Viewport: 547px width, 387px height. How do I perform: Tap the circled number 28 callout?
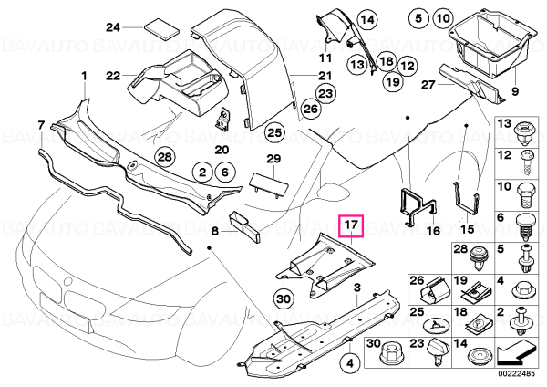click(165, 157)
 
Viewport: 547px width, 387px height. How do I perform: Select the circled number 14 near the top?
click(367, 19)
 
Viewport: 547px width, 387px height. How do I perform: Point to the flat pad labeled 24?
click(161, 28)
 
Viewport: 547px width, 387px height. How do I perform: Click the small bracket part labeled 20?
click(222, 120)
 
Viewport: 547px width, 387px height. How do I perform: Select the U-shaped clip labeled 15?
click(466, 199)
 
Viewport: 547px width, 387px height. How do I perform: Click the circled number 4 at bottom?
click(350, 364)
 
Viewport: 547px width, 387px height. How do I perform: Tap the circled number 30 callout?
click(283, 299)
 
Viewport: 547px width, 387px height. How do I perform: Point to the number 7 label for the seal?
click(41, 125)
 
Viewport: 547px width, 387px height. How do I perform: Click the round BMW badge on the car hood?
click(68, 281)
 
